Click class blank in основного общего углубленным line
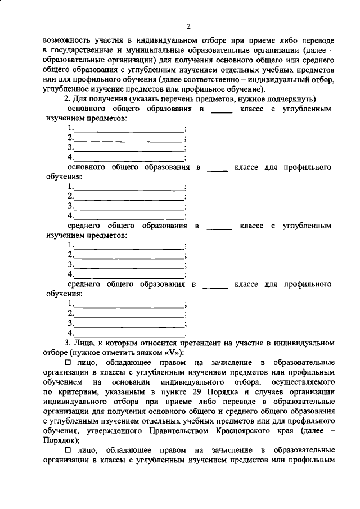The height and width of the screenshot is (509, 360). tap(222, 110)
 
